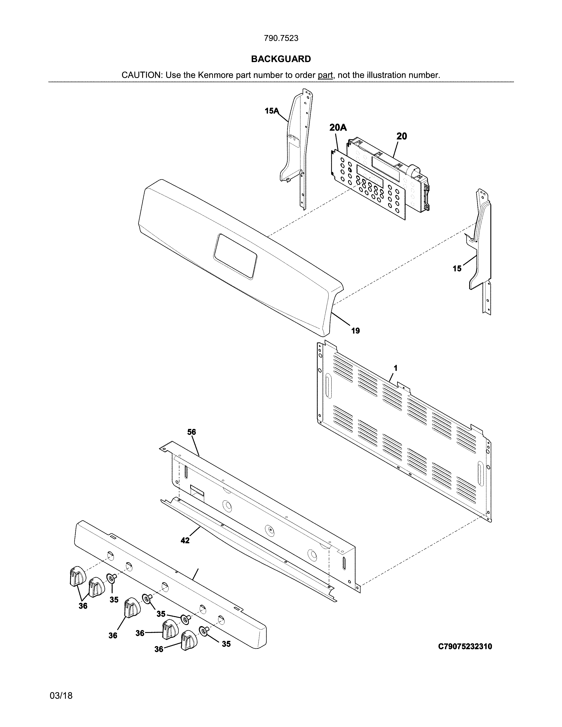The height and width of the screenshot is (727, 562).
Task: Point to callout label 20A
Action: (x=338, y=128)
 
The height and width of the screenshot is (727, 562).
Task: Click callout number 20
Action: (x=402, y=136)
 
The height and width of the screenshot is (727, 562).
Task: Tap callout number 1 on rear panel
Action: (x=396, y=368)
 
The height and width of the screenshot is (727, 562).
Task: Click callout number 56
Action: (x=192, y=432)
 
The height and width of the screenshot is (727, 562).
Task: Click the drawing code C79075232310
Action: (x=465, y=646)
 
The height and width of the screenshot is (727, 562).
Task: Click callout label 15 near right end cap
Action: (x=457, y=268)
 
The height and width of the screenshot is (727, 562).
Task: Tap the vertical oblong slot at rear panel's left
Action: (x=329, y=386)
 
